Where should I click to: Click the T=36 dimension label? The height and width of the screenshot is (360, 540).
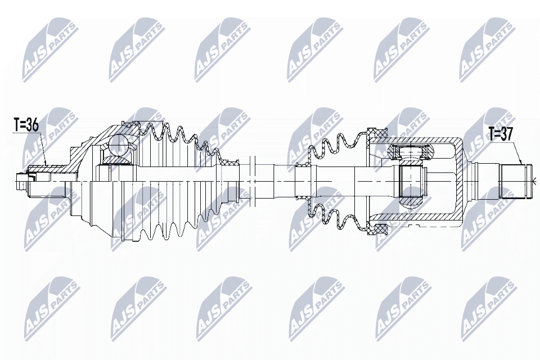click(26, 125)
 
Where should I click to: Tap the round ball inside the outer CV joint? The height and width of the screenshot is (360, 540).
click(119, 145)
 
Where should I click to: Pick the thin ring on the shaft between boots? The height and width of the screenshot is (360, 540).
click(254, 181)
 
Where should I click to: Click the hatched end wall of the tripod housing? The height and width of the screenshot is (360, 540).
click(461, 181)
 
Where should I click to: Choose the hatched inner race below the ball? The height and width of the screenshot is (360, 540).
click(115, 163)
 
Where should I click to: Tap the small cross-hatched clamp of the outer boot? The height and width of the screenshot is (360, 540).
click(229, 163)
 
